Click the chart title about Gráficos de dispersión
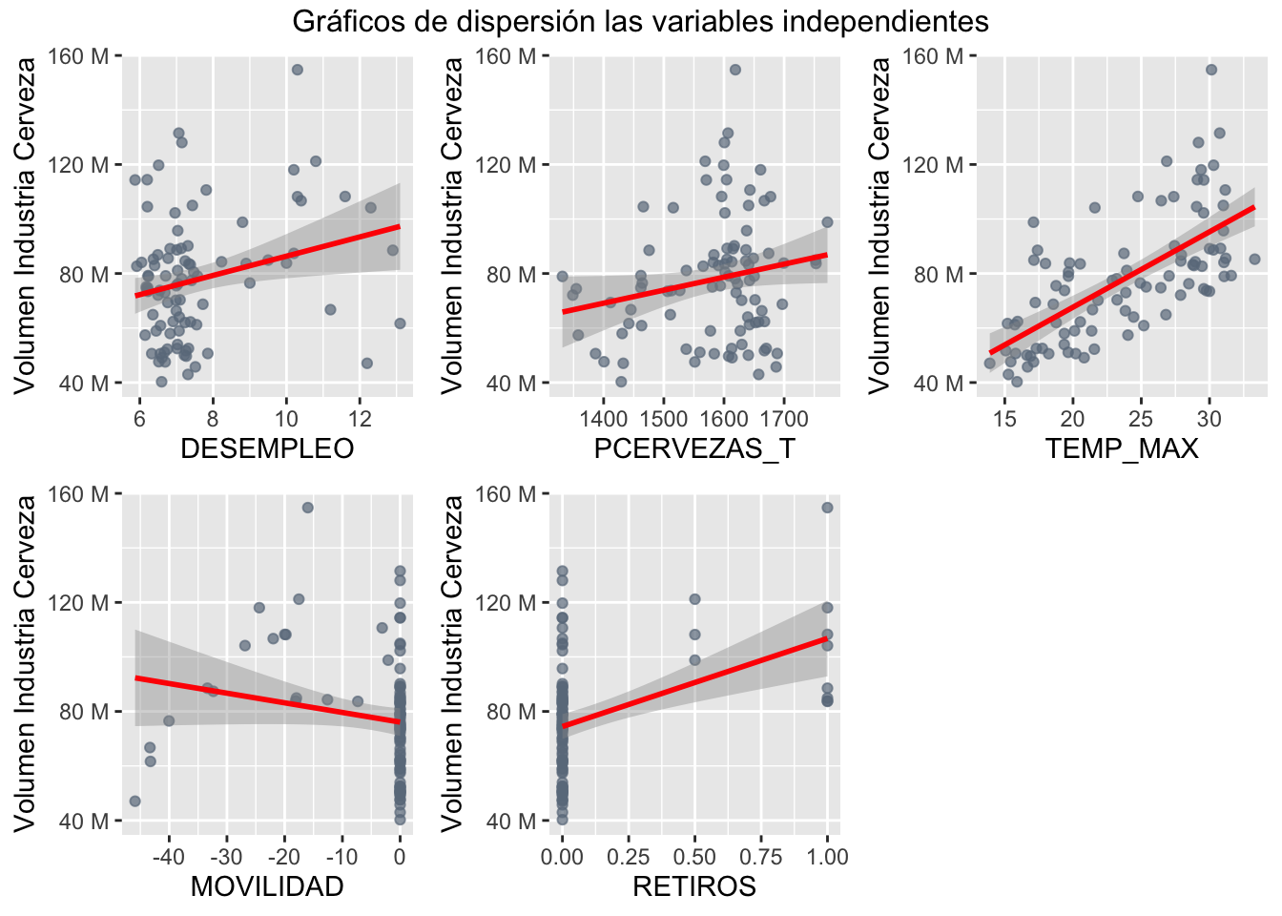[640, 21]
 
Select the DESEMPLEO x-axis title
[267, 448]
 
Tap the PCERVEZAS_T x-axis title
[694, 448]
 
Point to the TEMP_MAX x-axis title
[1122, 448]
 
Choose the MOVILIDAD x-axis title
[267, 886]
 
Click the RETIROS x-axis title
[694, 886]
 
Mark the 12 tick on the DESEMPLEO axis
[360, 419]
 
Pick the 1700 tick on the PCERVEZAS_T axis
[784, 419]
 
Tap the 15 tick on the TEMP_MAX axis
[1004, 419]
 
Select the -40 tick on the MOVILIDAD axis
[169, 857]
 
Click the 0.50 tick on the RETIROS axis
[694, 857]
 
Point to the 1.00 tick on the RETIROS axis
[827, 857]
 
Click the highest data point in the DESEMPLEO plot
[297, 70]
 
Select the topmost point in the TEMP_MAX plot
[1211, 70]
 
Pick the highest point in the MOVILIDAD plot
[308, 508]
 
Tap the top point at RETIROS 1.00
[827, 508]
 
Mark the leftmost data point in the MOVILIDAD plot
[134, 801]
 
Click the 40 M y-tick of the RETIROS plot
[517, 821]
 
